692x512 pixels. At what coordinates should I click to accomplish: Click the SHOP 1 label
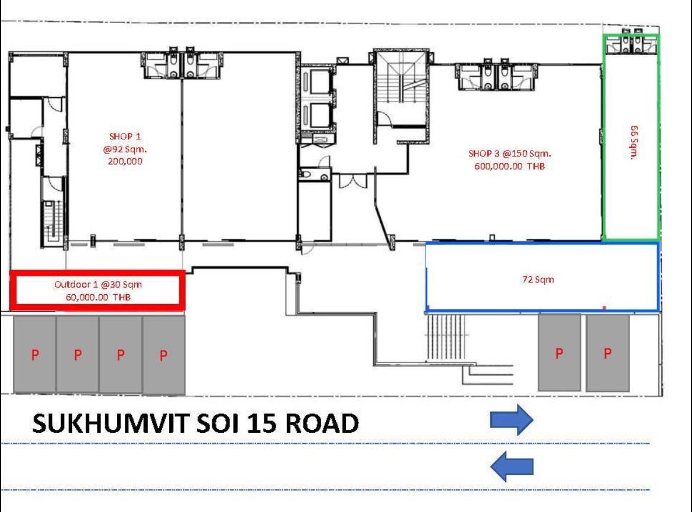coord(125,136)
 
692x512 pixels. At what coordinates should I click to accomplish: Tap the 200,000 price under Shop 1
coord(125,161)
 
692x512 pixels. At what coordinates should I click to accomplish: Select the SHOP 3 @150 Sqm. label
coord(510,154)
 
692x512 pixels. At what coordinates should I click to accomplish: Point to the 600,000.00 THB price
coord(510,166)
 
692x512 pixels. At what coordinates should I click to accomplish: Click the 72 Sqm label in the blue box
coord(538,279)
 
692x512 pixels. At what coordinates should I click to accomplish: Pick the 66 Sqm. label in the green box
coord(634,142)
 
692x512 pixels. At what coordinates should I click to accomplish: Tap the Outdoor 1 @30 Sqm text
coord(98,285)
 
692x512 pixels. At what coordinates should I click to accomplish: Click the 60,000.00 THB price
coord(98,297)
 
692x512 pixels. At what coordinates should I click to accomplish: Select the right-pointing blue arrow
coord(512,419)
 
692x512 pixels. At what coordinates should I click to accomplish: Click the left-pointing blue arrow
coord(512,466)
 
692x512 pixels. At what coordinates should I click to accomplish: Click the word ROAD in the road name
coord(322,423)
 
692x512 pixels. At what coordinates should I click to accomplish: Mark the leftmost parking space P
coord(35,354)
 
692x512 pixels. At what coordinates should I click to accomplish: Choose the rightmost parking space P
coord(607,353)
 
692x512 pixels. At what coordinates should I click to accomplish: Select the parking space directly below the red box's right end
coord(164,355)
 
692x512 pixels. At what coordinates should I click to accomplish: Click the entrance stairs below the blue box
coord(446,337)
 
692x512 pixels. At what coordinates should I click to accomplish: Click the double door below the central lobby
coord(353,181)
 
